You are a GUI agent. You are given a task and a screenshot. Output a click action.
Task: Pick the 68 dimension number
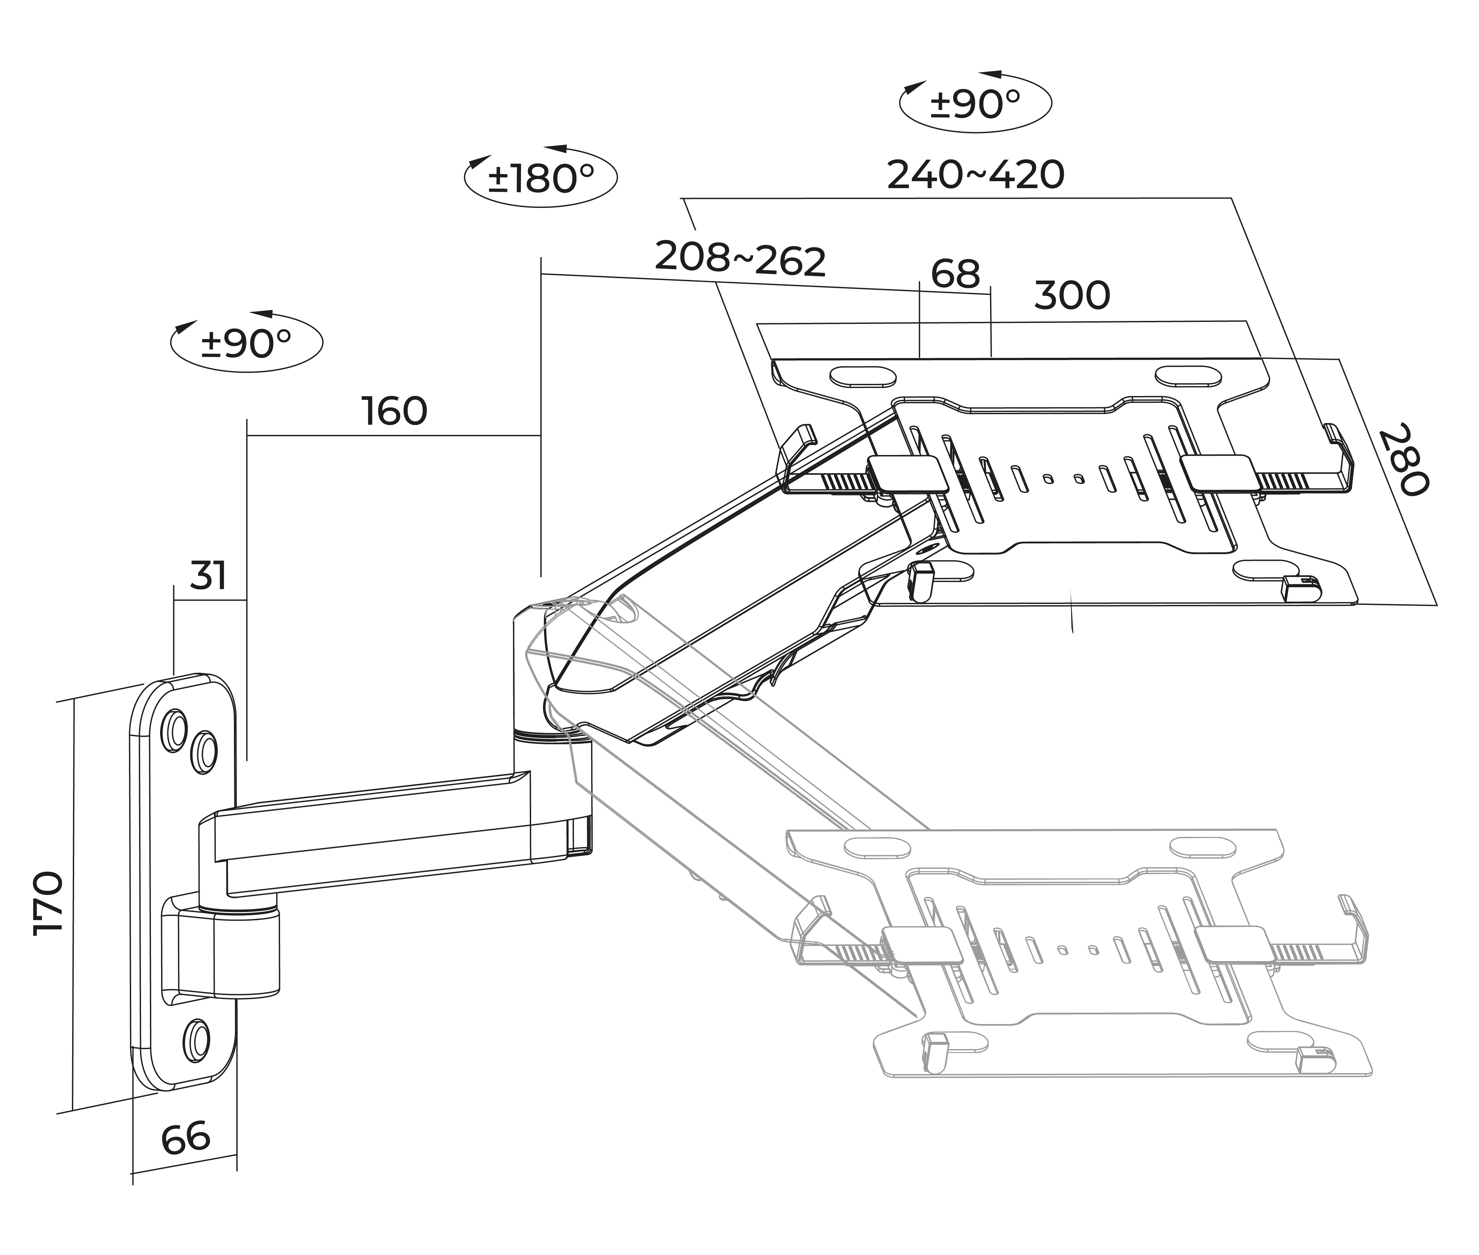click(955, 274)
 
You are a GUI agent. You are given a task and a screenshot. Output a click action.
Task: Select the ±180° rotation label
click(541, 178)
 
